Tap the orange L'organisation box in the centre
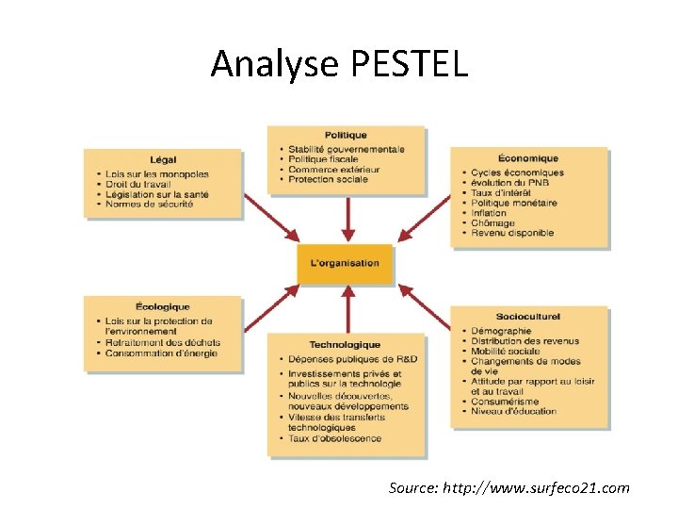(x=346, y=263)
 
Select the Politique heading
(x=346, y=136)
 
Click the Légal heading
(x=163, y=159)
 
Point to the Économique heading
(x=528, y=158)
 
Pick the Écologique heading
(x=163, y=307)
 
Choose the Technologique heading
(x=346, y=345)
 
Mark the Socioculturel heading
(x=528, y=319)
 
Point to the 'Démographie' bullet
(x=501, y=331)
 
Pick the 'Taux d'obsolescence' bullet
(x=334, y=438)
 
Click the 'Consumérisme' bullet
(x=504, y=401)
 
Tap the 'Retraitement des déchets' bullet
(x=163, y=342)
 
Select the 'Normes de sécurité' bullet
(x=150, y=204)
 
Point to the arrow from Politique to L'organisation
(x=348, y=219)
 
